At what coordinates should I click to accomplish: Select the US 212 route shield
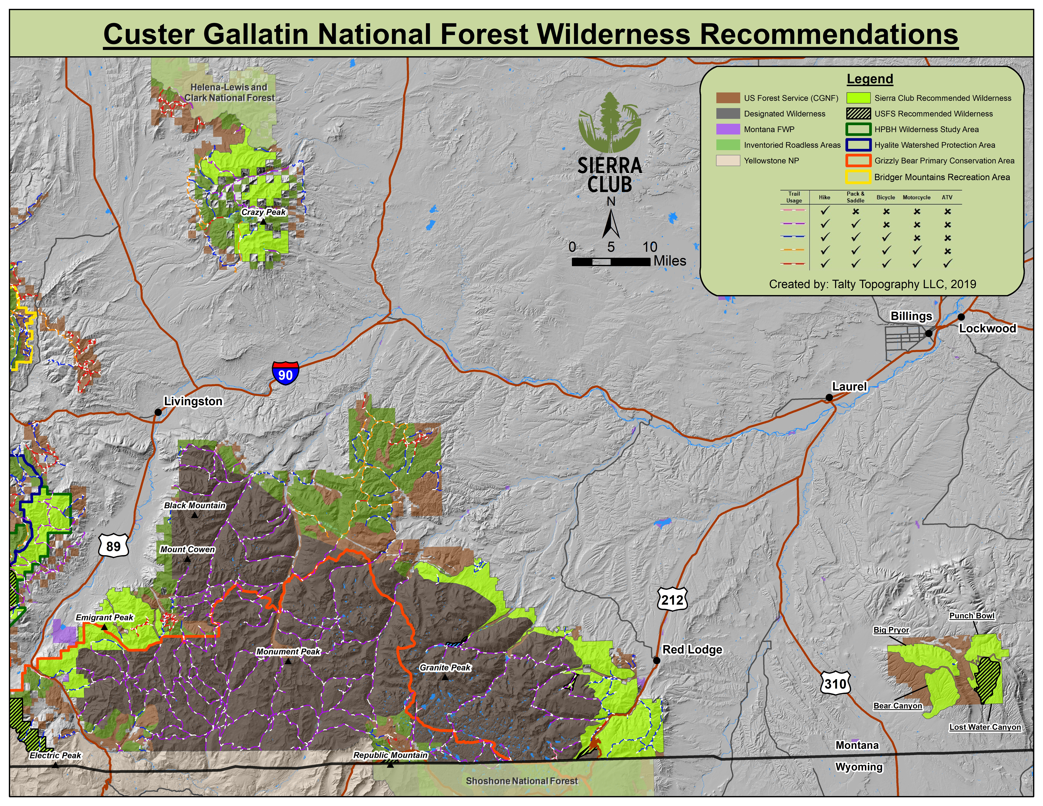672,599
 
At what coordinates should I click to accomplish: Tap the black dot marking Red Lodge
657,660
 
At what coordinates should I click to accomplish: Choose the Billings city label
911,316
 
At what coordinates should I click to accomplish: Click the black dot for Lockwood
961,317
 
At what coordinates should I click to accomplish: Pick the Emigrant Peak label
105,617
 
